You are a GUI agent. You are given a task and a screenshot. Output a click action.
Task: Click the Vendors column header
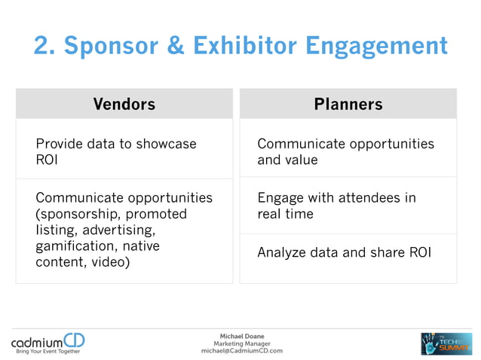124,104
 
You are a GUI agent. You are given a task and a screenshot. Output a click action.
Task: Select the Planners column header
348,104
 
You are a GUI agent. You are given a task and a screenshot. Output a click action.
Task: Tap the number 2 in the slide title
42,46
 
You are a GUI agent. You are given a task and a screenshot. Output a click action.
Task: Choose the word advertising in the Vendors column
118,230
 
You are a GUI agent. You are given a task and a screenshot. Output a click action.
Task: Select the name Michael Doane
241,336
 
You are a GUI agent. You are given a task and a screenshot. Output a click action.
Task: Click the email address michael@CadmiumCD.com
241,351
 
